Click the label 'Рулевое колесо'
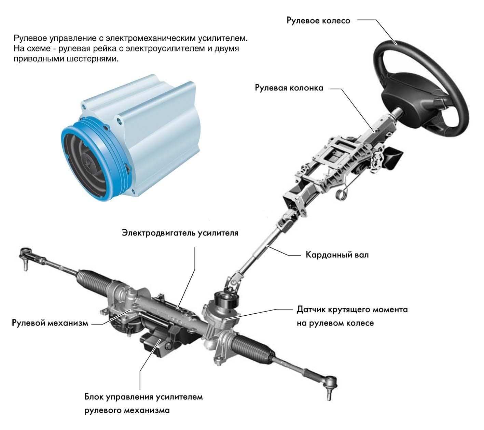point(318,20)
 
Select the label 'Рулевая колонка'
point(289,88)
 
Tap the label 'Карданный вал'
point(337,255)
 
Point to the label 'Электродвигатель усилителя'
point(180,233)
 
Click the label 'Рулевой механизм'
point(50,323)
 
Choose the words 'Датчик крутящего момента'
point(352,310)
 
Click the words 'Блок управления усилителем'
point(143,397)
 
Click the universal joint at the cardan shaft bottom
point(233,280)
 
